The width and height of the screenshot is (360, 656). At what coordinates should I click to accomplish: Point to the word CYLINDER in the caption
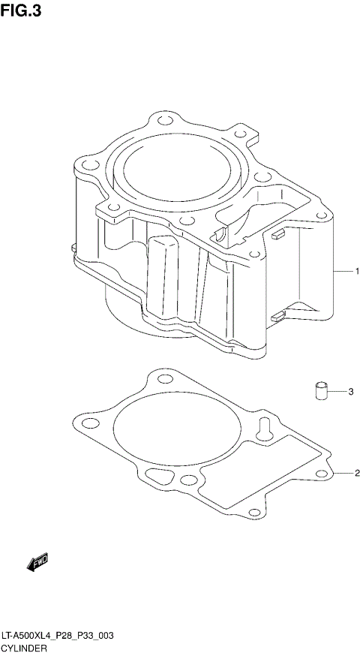point(25,648)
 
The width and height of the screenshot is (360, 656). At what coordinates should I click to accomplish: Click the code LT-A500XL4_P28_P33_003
point(58,635)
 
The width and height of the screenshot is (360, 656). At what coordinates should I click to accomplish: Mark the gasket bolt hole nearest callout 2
point(322,474)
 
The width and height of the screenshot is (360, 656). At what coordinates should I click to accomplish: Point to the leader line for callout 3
point(337,391)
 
